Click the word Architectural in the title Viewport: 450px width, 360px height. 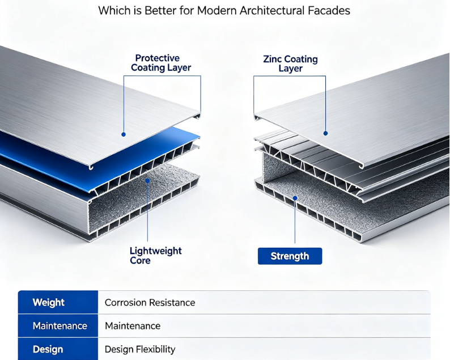272,11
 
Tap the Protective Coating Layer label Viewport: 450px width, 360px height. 161,62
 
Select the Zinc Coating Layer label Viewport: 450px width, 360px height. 290,63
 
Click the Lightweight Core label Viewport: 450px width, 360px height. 155,256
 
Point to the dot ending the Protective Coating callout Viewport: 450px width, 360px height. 124,134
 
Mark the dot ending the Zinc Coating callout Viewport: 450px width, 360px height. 325,133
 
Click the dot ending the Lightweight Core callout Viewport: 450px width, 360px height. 147,181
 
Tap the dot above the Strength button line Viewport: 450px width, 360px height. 295,198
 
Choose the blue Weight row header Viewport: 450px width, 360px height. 58,302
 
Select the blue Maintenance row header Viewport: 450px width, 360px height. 58,325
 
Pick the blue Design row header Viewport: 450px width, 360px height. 58,349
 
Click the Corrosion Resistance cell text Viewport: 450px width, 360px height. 150,303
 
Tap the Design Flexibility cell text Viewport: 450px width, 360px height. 140,349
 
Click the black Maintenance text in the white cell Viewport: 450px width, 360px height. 133,326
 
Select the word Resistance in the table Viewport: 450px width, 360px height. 172,303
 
